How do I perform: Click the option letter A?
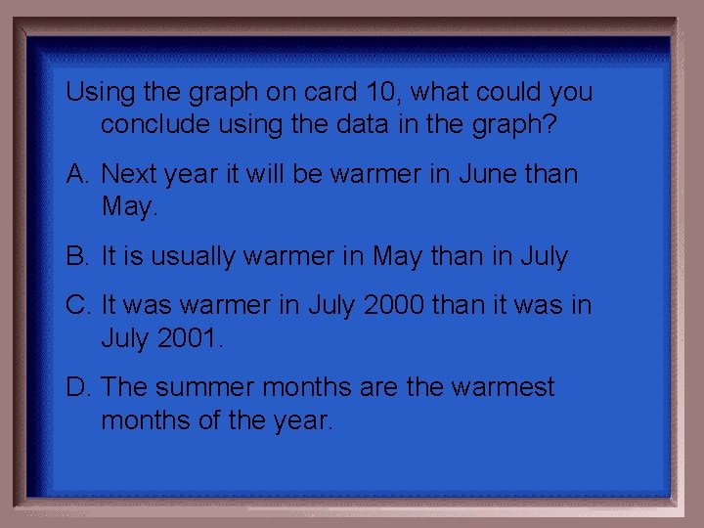click(77, 174)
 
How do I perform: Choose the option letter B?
click(77, 256)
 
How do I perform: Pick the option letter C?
click(77, 305)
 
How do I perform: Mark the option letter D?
click(77, 387)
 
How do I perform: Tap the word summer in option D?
click(205, 388)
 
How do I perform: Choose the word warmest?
click(503, 387)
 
